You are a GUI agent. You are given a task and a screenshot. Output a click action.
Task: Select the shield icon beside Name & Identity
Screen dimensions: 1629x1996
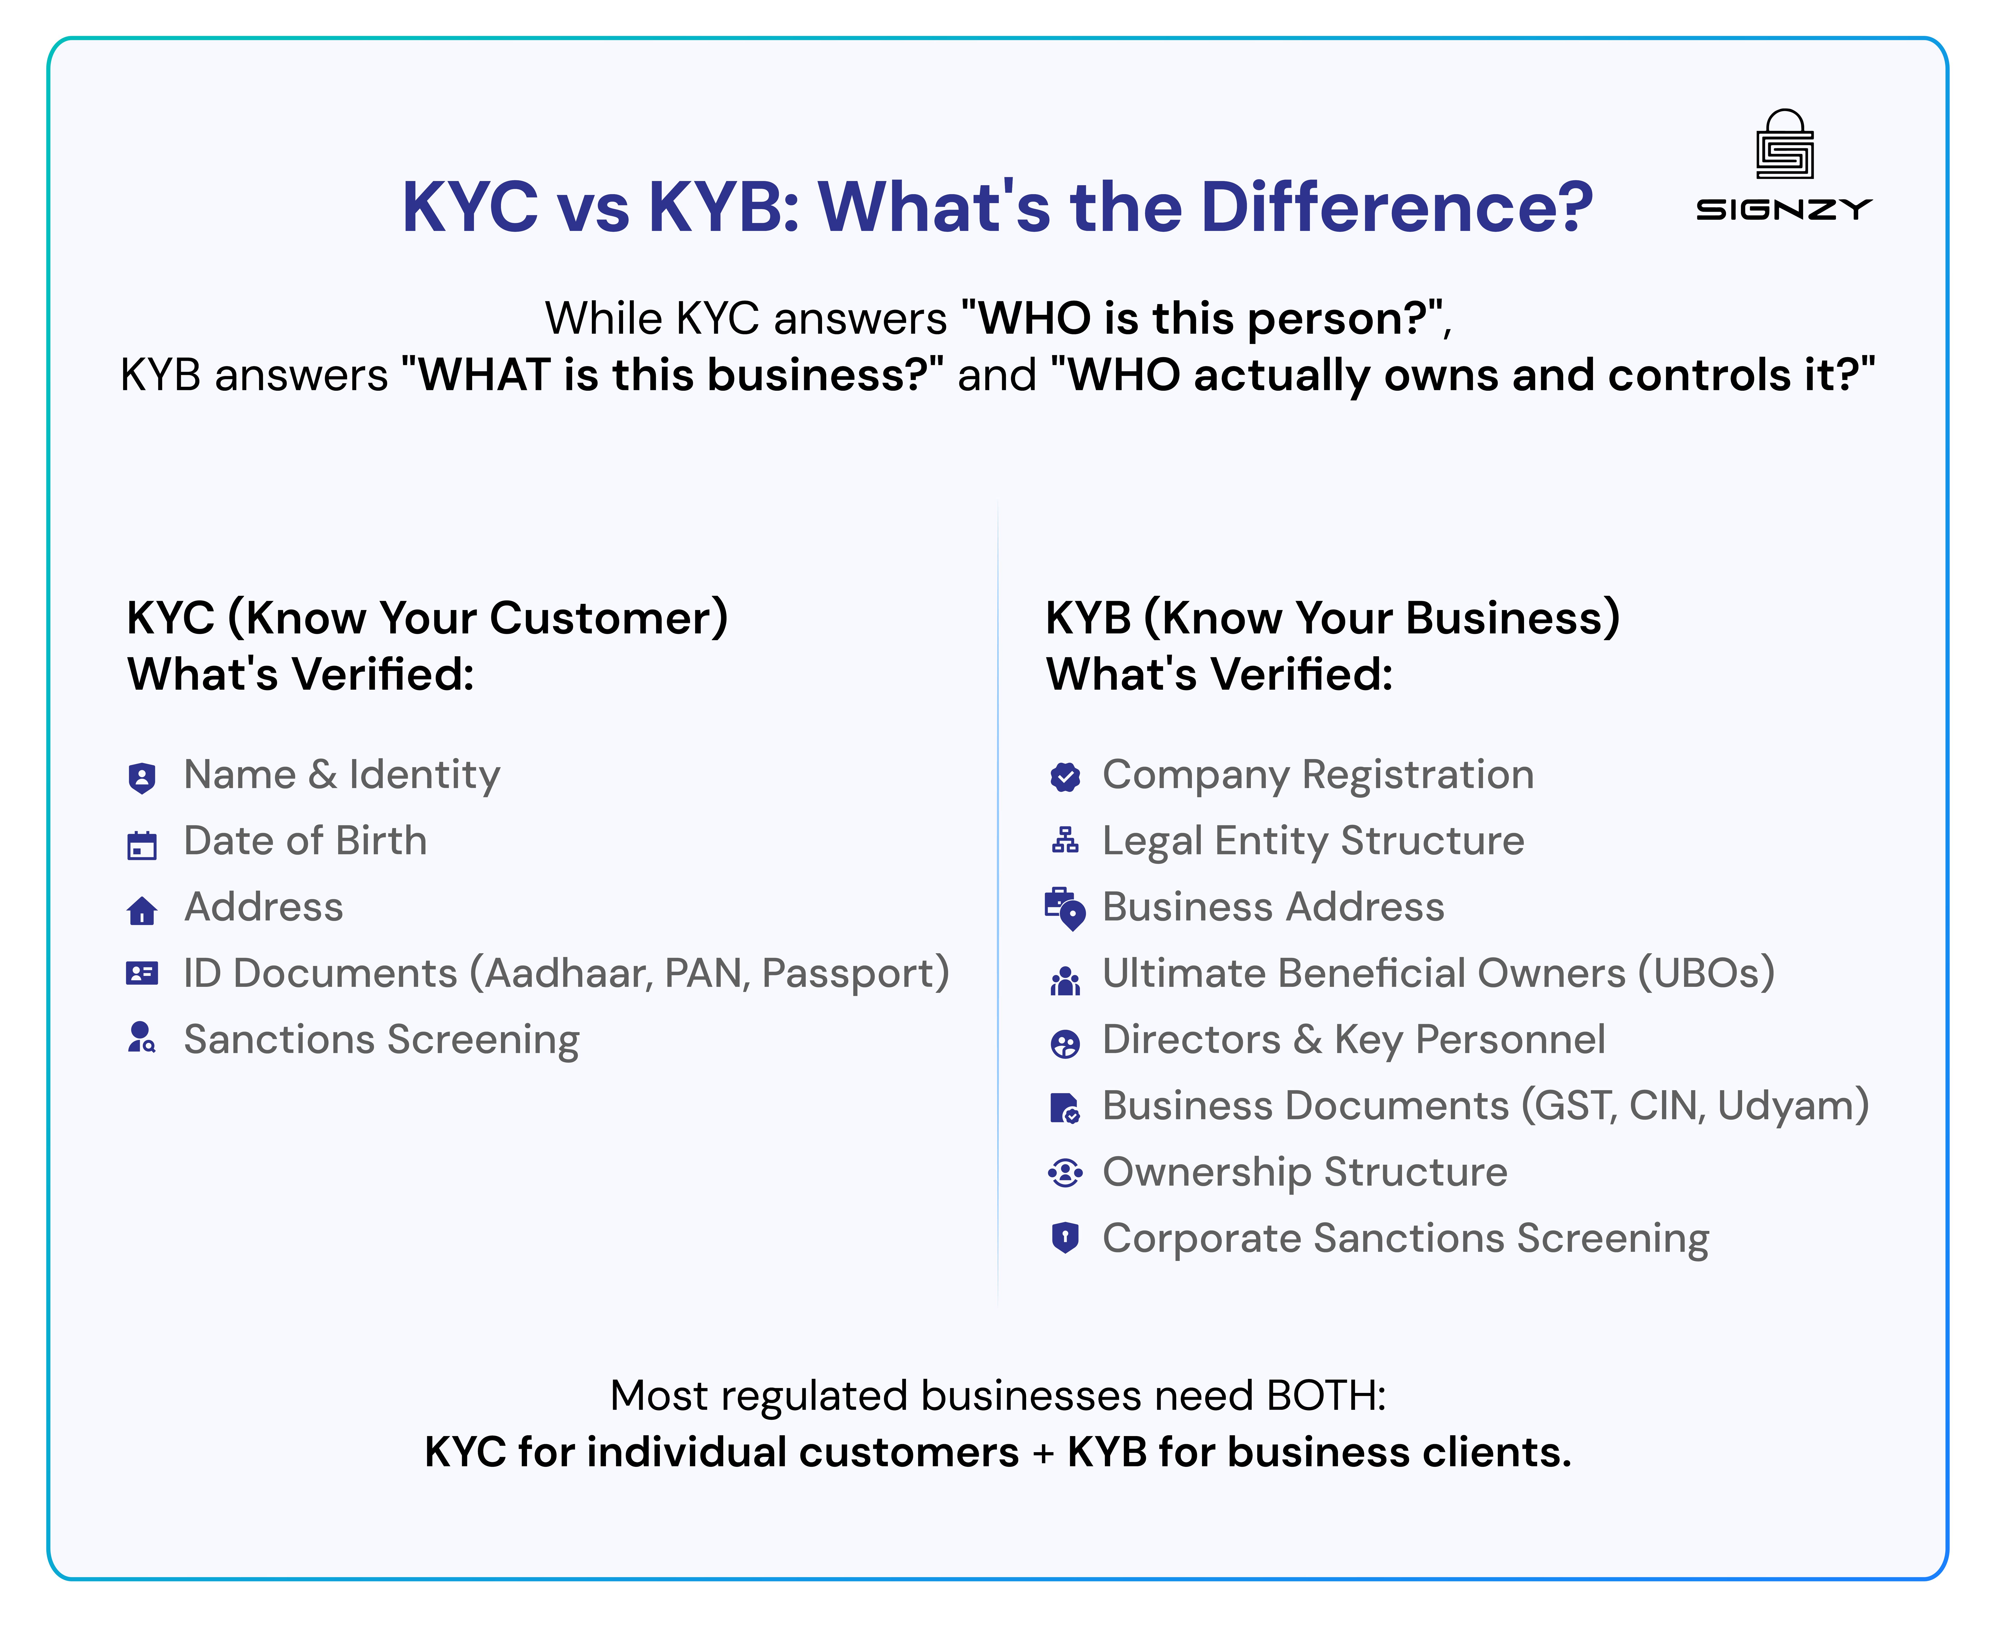pyautogui.click(x=142, y=778)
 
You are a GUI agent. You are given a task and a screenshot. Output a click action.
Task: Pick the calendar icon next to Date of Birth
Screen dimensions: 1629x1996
pyautogui.click(x=142, y=845)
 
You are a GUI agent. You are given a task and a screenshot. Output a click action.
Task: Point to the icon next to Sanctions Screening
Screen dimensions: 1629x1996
pyautogui.click(x=142, y=1038)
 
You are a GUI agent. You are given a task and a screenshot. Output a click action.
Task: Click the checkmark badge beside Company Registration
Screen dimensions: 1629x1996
pyautogui.click(x=1065, y=777)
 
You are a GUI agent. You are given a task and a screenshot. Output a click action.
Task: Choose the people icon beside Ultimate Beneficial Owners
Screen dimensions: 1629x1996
pyautogui.click(x=1065, y=981)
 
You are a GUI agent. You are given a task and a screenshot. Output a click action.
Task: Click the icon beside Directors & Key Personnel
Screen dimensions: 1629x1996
pyautogui.click(x=1065, y=1043)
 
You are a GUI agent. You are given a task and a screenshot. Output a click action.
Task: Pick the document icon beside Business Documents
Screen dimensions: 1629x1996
pyautogui.click(x=1065, y=1108)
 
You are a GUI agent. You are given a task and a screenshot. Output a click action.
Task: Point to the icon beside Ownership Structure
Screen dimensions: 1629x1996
pyautogui.click(x=1065, y=1173)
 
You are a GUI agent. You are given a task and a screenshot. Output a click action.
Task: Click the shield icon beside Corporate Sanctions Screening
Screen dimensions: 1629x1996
pyautogui.click(x=1065, y=1238)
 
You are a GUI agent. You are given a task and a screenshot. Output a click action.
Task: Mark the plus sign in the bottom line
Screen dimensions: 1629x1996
pyautogui.click(x=1043, y=1454)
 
